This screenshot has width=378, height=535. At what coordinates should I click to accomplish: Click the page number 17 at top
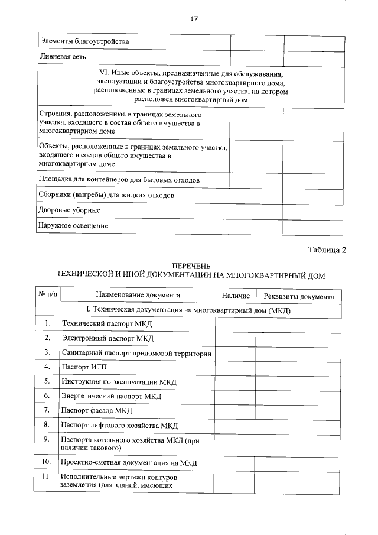(193, 18)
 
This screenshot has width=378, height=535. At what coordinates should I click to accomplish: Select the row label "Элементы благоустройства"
(84, 42)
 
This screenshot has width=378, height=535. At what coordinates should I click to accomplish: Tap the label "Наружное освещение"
(73, 225)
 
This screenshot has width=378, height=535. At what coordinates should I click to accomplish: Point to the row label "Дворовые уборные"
(69, 210)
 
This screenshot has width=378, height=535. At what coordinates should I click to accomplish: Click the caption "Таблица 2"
(327, 250)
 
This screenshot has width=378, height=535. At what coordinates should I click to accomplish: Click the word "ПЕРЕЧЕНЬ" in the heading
(190, 266)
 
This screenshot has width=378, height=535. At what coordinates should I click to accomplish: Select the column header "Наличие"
(236, 296)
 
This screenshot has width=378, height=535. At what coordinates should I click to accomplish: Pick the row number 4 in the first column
(47, 367)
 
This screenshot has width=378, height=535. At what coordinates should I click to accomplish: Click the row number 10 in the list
(47, 461)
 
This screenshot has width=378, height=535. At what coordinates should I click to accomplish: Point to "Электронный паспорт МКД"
(107, 338)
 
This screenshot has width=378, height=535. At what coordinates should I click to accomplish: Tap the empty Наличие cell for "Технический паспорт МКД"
(235, 324)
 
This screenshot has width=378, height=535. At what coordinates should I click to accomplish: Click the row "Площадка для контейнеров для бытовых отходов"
(120, 179)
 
